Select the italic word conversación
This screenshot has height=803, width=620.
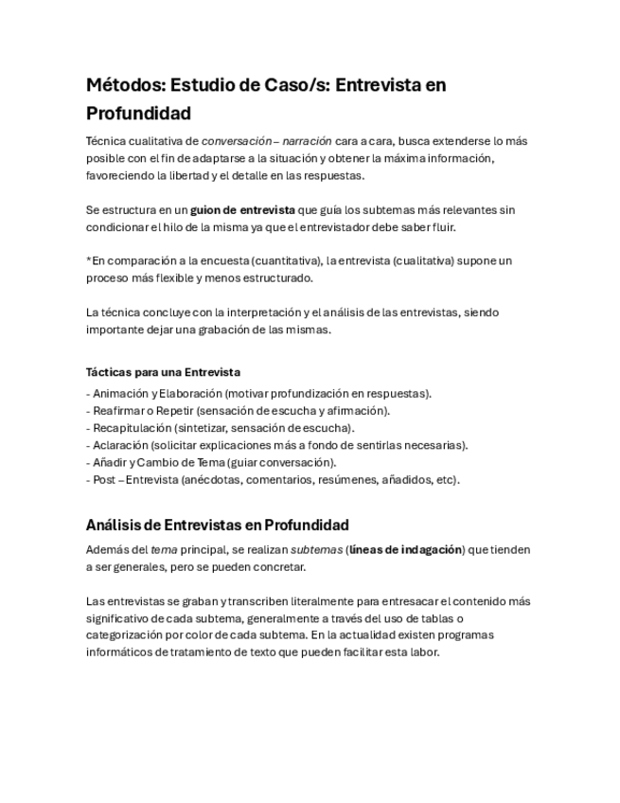point(240,141)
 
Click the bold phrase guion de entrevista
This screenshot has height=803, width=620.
point(242,209)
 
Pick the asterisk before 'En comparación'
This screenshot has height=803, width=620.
point(88,259)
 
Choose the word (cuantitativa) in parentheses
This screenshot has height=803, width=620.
point(278,260)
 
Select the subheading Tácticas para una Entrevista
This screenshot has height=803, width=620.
point(163,372)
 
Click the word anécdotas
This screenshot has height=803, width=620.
point(216,479)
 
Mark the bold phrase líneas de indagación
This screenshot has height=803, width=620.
point(406,549)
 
